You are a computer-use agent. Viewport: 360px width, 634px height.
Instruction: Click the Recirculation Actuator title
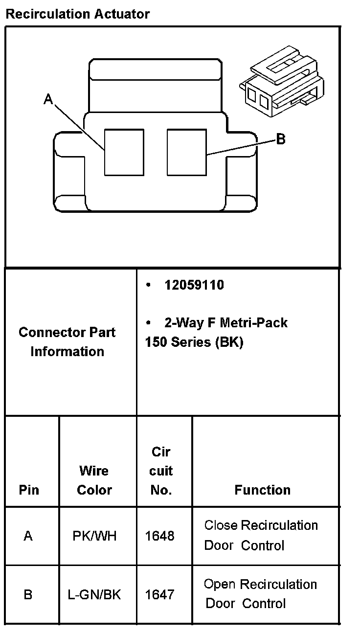77,14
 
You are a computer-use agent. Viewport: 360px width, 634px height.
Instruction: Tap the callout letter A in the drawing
48,100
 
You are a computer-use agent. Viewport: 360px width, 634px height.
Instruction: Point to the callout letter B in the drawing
281,139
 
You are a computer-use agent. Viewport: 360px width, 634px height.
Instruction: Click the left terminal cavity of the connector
124,152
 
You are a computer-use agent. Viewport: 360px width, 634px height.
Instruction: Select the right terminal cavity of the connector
186,152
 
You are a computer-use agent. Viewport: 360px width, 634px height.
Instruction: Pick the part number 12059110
194,285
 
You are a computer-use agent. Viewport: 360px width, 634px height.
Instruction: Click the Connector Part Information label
67,341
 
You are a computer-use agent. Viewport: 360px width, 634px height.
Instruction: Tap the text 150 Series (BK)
194,342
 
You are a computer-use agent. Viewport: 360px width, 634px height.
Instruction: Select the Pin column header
29,490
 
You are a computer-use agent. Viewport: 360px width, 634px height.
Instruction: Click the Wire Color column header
94,480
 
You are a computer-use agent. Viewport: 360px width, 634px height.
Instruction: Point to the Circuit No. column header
161,471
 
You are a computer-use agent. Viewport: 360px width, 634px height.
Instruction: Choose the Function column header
263,490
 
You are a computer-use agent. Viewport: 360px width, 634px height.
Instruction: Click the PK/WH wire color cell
95,536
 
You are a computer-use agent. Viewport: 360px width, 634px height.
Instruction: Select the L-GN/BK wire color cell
94,594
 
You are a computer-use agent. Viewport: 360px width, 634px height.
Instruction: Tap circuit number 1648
160,536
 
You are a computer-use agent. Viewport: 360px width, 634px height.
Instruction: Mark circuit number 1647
160,594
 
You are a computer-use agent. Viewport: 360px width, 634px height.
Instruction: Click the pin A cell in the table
28,536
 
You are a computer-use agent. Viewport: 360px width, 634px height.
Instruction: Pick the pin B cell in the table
28,594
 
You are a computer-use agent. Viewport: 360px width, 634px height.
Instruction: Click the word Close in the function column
221,525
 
